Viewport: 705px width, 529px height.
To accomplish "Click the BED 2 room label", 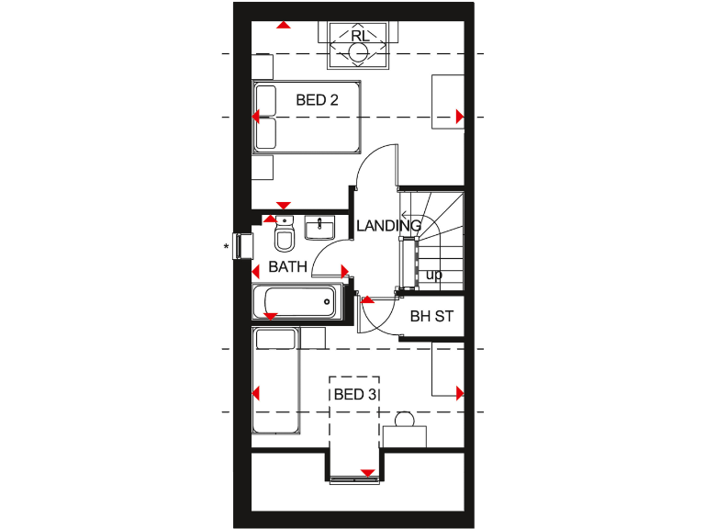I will [317, 100].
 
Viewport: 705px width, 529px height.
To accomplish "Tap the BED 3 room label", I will [353, 394].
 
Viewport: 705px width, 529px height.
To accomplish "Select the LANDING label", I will [388, 225].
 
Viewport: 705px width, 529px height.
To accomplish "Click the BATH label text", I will [287, 267].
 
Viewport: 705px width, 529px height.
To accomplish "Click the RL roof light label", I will [361, 36].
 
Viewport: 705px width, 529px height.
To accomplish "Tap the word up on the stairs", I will [434, 275].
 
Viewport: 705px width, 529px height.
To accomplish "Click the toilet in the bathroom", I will [285, 239].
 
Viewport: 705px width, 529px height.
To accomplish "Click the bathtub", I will [296, 299].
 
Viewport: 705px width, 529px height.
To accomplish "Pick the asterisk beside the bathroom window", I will [226, 246].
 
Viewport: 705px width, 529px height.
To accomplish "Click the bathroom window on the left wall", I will [244, 246].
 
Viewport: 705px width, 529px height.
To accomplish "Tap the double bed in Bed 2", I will [307, 117].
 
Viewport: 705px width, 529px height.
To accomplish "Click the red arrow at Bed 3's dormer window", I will [367, 473].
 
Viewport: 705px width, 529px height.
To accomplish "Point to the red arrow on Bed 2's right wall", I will [460, 116].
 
